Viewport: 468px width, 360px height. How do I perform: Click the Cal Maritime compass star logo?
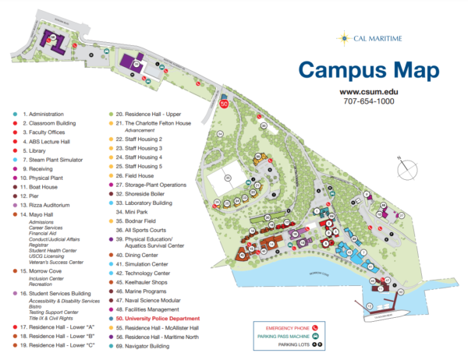click(342, 37)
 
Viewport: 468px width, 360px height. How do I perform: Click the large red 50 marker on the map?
click(225, 103)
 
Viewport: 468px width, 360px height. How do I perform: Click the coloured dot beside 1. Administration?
click(15, 115)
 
